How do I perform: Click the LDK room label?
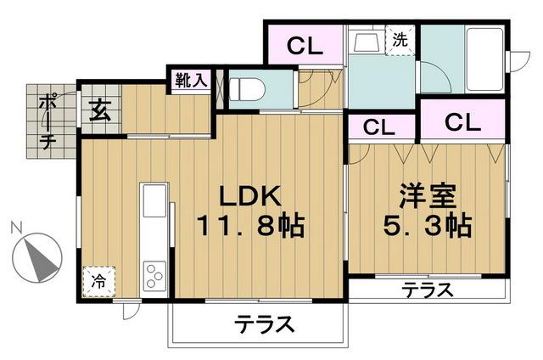pyautogui.click(x=250, y=196)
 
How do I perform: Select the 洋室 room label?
pyautogui.click(x=429, y=196)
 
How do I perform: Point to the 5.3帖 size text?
pyautogui.click(x=429, y=227)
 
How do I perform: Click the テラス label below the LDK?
pyautogui.click(x=265, y=323)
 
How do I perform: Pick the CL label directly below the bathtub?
pyautogui.click(x=462, y=121)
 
